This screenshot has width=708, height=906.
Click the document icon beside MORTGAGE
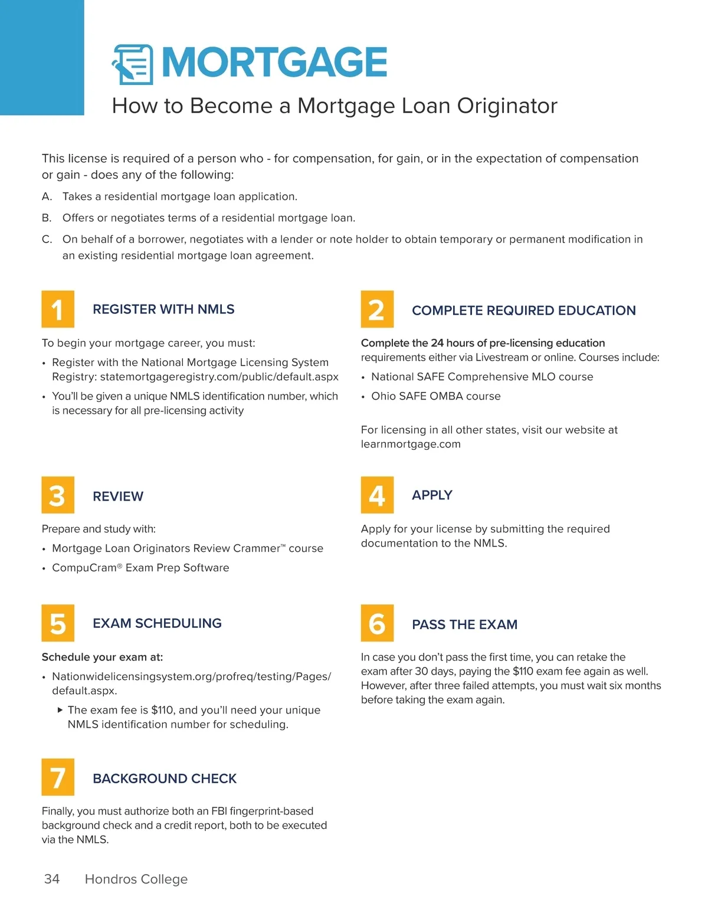[132, 64]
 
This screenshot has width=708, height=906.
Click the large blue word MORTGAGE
[274, 63]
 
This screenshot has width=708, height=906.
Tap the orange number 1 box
[58, 309]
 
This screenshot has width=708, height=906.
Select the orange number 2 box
[377, 309]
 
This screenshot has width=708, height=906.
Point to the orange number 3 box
[58, 495]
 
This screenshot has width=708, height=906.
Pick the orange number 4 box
[377, 495]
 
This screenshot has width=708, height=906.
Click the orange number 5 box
[58, 623]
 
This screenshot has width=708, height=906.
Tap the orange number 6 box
[377, 623]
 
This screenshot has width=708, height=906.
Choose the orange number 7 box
[58, 777]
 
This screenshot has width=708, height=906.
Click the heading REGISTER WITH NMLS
[163, 309]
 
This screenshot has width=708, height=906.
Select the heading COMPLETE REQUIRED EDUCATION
[523, 310]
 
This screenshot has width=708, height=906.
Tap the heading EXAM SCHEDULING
[157, 623]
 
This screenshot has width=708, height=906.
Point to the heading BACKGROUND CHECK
[165, 779]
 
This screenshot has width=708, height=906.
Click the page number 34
[52, 879]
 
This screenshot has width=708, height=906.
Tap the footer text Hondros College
[136, 879]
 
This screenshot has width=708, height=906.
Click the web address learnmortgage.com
[411, 444]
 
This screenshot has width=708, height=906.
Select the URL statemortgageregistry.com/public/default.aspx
[219, 377]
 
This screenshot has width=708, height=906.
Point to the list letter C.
[47, 239]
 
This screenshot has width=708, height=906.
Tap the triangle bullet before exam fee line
[60, 710]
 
